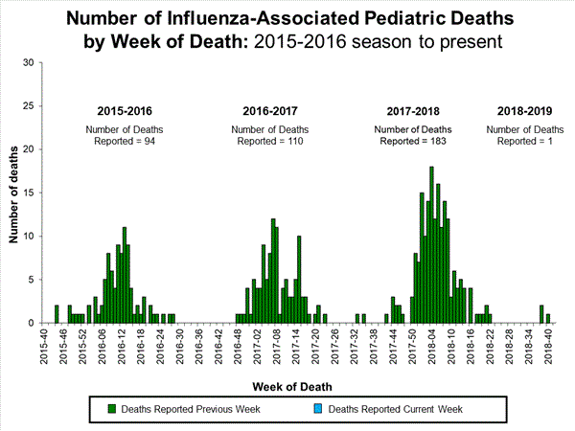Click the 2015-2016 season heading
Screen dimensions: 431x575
click(x=126, y=109)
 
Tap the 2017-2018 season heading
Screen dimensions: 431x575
click(x=413, y=109)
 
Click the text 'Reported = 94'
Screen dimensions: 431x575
click(x=126, y=141)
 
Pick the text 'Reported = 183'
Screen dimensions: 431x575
click(x=413, y=141)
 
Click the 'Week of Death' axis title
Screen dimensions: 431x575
click(x=294, y=386)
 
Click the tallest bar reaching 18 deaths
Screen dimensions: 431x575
click(x=431, y=245)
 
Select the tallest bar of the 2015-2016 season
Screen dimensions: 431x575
click(x=125, y=276)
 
